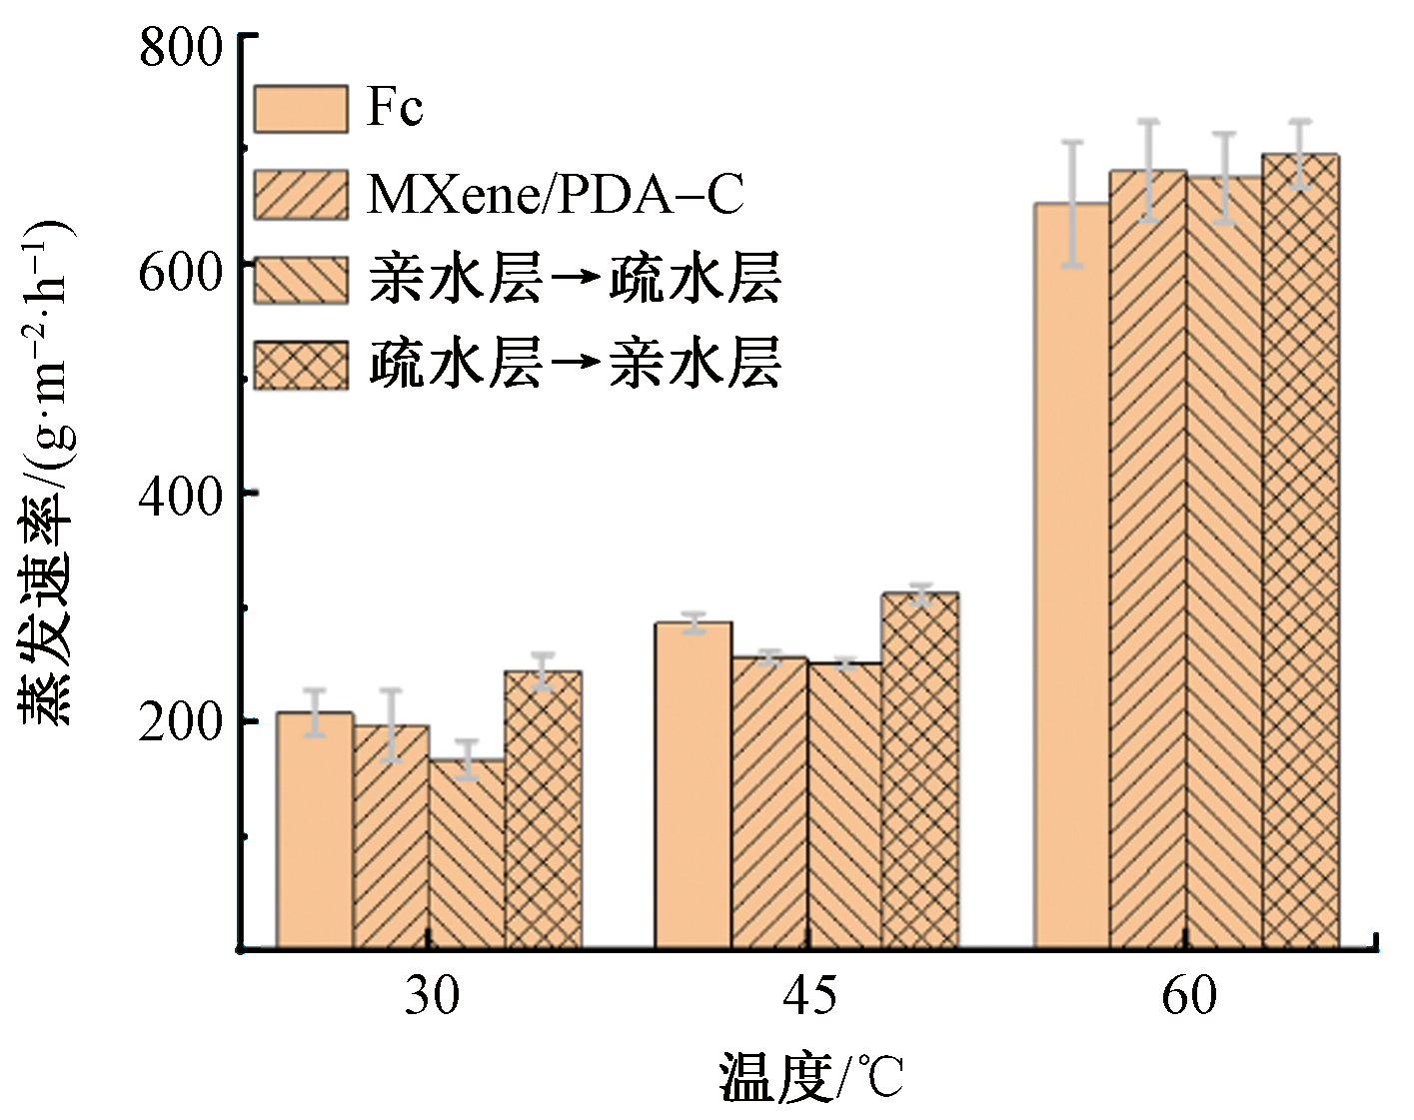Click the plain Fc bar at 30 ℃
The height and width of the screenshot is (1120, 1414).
coord(315,829)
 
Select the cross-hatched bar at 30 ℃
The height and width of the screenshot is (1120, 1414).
coord(543,809)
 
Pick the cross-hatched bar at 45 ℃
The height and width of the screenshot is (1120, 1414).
coord(920,769)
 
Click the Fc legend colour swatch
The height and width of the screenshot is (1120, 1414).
coord(301,108)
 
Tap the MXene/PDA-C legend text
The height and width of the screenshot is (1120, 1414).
coord(556,194)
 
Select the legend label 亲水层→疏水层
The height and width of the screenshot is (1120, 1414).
coord(575,279)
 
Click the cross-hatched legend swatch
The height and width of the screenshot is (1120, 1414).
coord(301,366)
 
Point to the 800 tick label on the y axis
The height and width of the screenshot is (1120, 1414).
coord(180,47)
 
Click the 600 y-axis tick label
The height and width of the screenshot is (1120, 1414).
coord(180,272)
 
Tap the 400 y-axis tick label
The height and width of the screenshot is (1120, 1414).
coord(180,497)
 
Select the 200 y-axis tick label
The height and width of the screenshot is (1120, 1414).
coord(180,721)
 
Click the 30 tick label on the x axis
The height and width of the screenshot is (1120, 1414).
coord(432,996)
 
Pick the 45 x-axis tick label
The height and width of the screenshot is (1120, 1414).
coord(809,996)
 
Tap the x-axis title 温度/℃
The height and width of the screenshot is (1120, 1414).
coord(810,1078)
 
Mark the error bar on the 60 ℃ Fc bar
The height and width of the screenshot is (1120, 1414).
coord(1071,204)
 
